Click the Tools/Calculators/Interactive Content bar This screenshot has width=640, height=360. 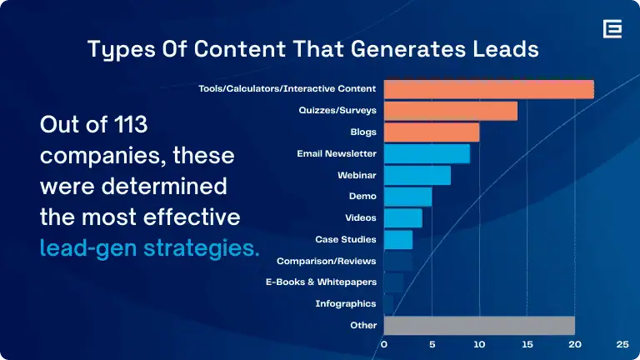click(x=488, y=89)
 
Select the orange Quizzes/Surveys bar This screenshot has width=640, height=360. click(x=450, y=111)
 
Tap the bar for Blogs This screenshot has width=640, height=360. click(x=431, y=132)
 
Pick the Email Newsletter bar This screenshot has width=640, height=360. click(x=426, y=154)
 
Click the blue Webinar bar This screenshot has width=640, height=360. click(x=417, y=175)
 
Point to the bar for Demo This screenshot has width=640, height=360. click(x=407, y=197)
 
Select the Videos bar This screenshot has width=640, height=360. click(x=402, y=218)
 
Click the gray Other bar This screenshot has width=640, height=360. click(x=479, y=325)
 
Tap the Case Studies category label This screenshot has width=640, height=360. click(x=346, y=240)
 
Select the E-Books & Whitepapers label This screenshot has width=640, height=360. click(x=321, y=282)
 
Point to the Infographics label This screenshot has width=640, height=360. click(x=346, y=304)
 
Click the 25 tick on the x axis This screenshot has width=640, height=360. click(x=622, y=343)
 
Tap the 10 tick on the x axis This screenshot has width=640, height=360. click(x=479, y=343)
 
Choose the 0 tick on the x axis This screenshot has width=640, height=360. click(x=384, y=343)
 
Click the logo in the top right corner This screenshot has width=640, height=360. click(x=612, y=29)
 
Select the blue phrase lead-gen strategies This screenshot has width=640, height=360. click(x=150, y=247)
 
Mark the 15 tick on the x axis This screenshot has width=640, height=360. click(x=527, y=343)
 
